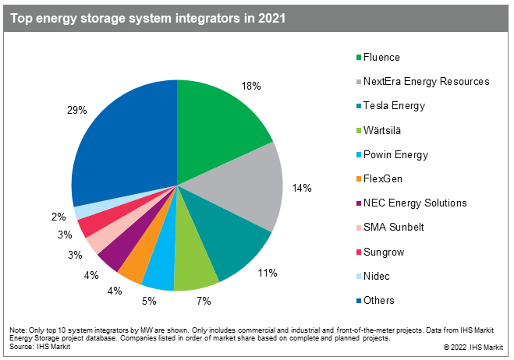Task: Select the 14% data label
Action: coord(302,188)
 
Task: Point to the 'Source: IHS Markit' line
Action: coord(37,345)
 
